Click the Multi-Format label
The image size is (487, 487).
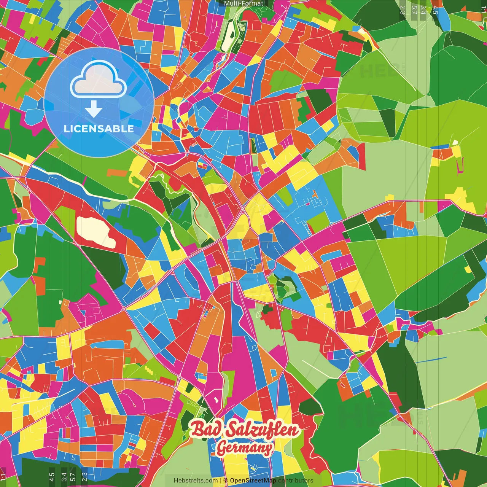tap(243, 3)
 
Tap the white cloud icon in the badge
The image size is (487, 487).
tap(99, 81)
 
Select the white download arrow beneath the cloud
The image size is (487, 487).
tap(94, 110)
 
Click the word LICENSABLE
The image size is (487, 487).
tap(99, 129)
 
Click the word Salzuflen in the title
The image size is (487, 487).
tap(263, 430)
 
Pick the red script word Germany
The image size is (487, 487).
tap(245, 448)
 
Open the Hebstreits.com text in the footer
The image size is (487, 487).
tap(196, 481)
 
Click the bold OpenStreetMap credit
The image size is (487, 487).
tap(253, 481)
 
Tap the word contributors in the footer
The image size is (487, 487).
tap(296, 481)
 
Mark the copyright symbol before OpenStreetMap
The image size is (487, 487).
tap(226, 481)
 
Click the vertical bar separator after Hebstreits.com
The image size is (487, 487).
tap(221, 481)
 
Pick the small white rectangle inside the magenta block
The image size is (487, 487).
tap(216, 399)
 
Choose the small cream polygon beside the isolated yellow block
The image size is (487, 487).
tap(455, 143)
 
